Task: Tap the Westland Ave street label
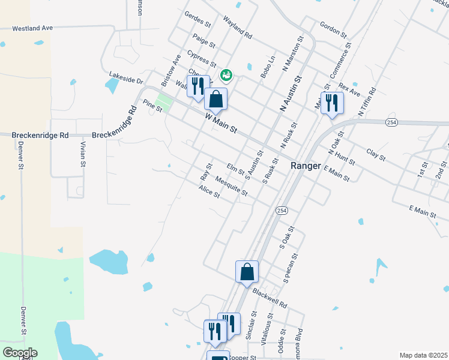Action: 33,28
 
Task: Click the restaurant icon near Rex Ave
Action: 331,103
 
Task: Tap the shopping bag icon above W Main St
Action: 215,100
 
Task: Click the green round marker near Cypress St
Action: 226,76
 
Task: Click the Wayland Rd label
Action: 237,27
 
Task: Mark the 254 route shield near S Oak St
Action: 282,211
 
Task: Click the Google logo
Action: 19,353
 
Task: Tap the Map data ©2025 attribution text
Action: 423,355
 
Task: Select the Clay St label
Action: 375,154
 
